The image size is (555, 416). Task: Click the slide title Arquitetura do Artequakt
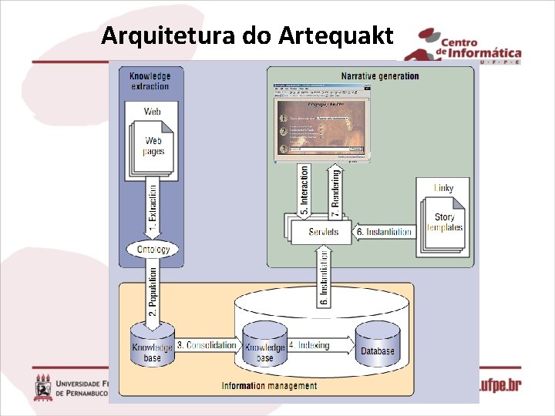coord(247,35)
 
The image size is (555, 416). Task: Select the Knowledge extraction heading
coord(150,80)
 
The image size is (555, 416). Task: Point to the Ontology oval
coord(153,250)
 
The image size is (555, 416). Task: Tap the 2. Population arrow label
coord(153,291)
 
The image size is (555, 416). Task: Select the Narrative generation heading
coord(380,75)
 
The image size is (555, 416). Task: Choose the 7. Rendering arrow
coord(335,190)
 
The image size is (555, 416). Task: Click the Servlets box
coord(322,232)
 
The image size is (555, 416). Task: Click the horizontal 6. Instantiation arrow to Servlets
coord(384,232)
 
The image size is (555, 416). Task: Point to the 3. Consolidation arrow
coord(207,345)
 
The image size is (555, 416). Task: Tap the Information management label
coord(263,385)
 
